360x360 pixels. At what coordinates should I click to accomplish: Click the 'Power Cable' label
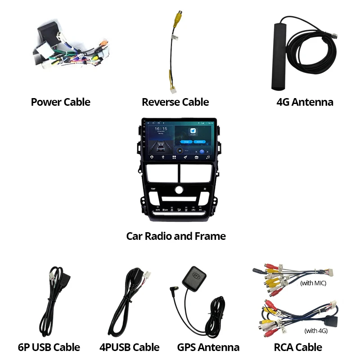(x=60, y=102)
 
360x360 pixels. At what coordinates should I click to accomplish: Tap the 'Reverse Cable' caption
(x=175, y=102)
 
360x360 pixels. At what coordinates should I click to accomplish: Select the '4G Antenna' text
(x=305, y=102)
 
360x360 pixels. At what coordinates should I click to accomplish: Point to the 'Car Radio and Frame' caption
(x=176, y=236)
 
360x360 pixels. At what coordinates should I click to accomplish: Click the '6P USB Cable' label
(x=49, y=347)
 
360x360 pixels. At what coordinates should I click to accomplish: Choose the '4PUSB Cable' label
(x=129, y=347)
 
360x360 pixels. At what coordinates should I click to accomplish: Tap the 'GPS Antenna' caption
(x=208, y=347)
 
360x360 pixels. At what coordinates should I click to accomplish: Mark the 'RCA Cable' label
(x=298, y=347)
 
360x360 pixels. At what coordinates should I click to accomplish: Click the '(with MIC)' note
(x=313, y=283)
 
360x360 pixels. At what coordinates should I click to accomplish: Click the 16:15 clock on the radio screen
(x=161, y=129)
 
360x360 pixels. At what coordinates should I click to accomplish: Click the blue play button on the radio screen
(x=202, y=151)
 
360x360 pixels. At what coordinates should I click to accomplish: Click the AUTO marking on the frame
(x=157, y=210)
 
